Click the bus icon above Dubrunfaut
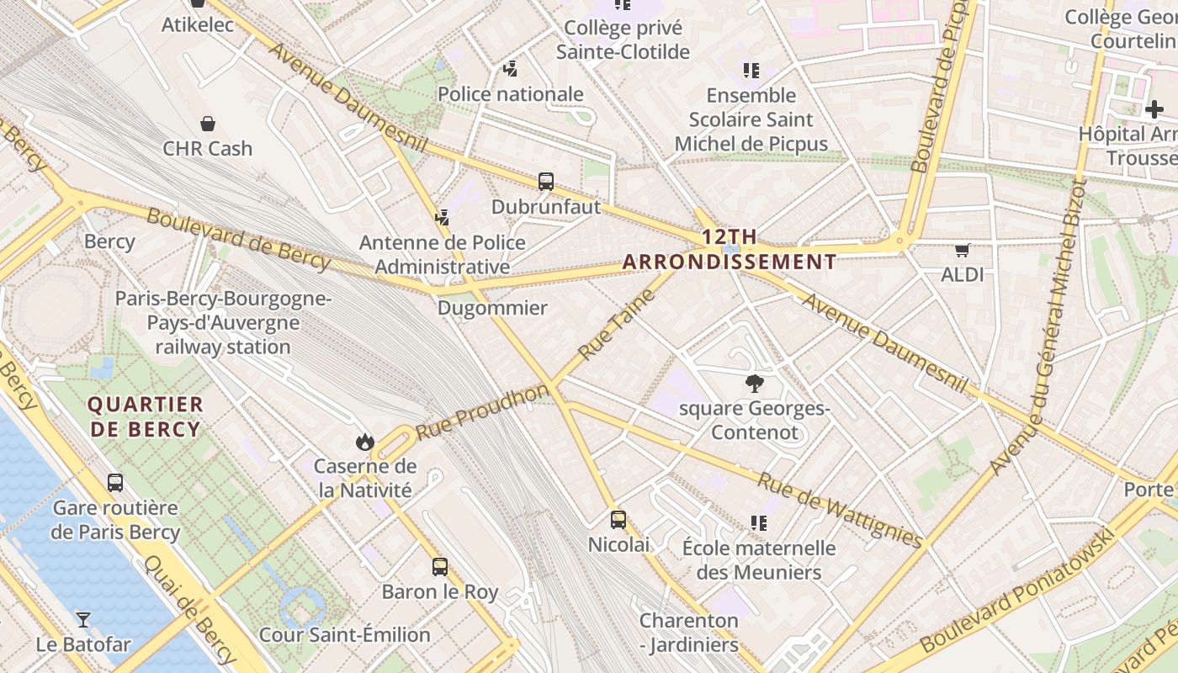546,181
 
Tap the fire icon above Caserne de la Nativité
364,442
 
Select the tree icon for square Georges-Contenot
755,384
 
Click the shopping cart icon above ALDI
963,250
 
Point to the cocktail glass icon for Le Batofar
83,620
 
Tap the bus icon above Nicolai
618,519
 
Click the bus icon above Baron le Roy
439,566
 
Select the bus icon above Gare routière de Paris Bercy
115,483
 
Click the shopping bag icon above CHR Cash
208,124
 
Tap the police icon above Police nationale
510,69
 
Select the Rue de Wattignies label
840,509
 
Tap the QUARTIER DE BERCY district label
146,416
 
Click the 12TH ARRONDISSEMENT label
730,249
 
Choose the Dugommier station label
492,308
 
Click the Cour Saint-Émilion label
345,634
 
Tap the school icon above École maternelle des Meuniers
759,523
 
